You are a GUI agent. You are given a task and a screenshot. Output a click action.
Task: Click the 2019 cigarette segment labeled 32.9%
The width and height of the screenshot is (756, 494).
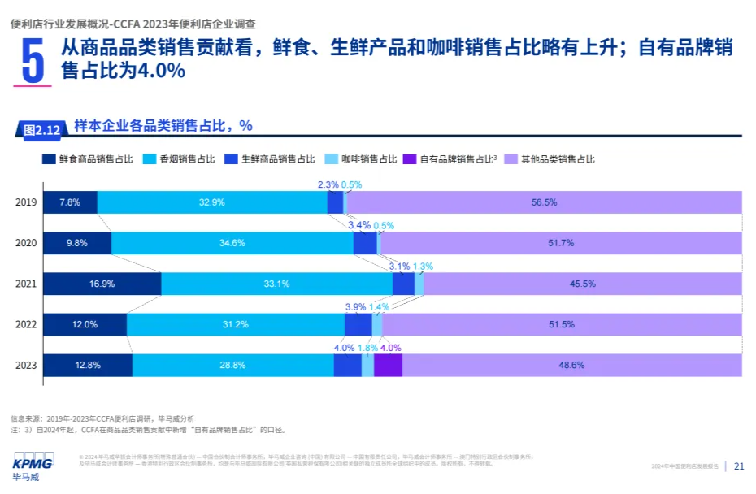point(212,202)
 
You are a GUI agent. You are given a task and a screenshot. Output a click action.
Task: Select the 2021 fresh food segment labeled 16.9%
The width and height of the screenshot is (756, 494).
point(102,284)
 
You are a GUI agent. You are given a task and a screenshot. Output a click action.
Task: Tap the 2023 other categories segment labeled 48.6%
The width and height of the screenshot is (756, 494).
point(571,366)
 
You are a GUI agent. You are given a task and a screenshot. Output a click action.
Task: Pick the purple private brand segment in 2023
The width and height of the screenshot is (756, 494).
point(388,366)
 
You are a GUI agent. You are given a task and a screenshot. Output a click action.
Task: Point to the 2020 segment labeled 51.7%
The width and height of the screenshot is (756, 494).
point(561,243)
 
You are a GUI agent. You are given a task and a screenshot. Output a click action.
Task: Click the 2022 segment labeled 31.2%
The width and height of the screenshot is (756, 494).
point(236,324)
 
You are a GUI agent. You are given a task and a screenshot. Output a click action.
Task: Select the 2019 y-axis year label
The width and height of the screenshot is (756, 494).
point(26,202)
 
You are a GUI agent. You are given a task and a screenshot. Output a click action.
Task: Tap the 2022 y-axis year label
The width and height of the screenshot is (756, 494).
point(26,324)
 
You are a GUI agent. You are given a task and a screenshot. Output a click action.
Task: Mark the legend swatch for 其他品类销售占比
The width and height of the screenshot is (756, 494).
point(511,159)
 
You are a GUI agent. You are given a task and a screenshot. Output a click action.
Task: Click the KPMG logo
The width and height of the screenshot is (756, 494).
point(33,464)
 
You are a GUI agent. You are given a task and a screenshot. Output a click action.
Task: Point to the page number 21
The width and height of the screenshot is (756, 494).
point(739,466)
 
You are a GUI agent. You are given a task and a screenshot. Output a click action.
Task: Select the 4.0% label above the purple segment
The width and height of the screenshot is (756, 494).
point(390,348)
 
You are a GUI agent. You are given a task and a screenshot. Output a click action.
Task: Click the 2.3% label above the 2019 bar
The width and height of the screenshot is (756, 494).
point(327,184)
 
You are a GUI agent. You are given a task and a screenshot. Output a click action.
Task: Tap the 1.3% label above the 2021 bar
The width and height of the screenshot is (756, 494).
point(423,266)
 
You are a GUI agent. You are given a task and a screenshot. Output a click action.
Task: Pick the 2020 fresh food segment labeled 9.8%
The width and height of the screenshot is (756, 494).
point(76,243)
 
